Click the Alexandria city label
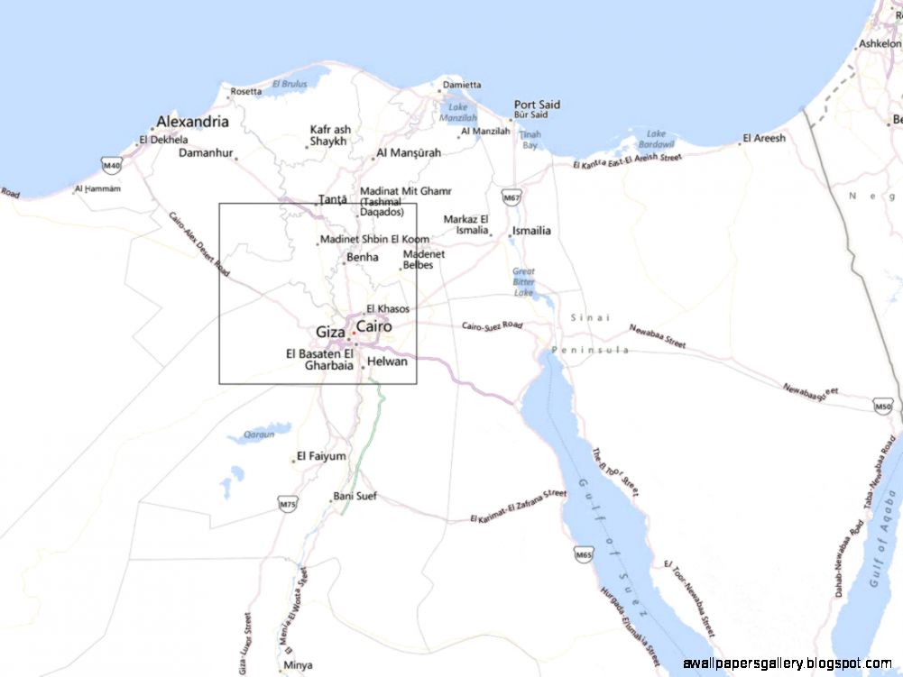pyautogui.click(x=192, y=122)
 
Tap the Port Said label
pyautogui.click(x=537, y=105)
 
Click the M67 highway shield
pyautogui.click(x=511, y=197)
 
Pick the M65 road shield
pyautogui.click(x=584, y=554)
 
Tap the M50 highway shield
pyautogui.click(x=884, y=407)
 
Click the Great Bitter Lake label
pyautogui.click(x=523, y=281)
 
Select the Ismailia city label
pyautogui.click(x=531, y=231)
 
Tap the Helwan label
pyautogui.click(x=388, y=361)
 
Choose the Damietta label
pyautogui.click(x=460, y=85)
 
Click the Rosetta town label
pyautogui.click(x=246, y=91)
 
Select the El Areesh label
pyautogui.click(x=763, y=138)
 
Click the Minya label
pyautogui.click(x=298, y=666)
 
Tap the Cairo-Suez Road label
pyautogui.click(x=493, y=325)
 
